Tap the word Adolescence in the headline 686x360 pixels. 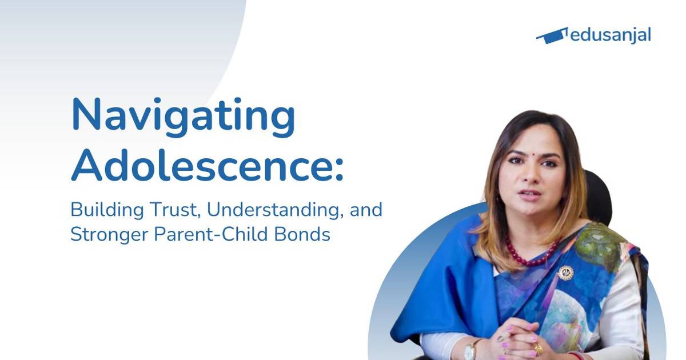[x=204, y=166]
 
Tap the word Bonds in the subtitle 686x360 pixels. [x=309, y=235]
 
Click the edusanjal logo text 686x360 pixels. [x=611, y=35]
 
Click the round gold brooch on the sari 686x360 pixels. [x=565, y=273]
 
